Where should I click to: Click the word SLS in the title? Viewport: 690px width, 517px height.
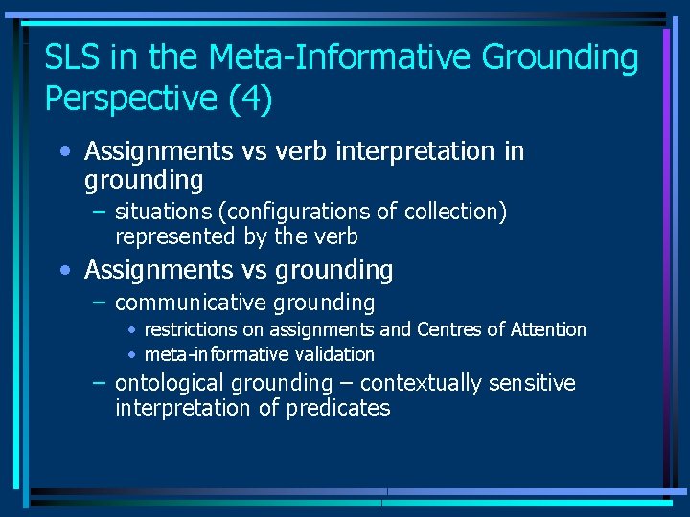[75, 58]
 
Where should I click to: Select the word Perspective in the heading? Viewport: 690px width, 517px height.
[130, 99]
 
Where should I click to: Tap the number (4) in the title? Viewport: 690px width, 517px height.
[250, 99]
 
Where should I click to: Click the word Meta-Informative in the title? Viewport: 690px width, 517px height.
[340, 58]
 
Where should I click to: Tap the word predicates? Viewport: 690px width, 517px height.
[338, 408]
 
